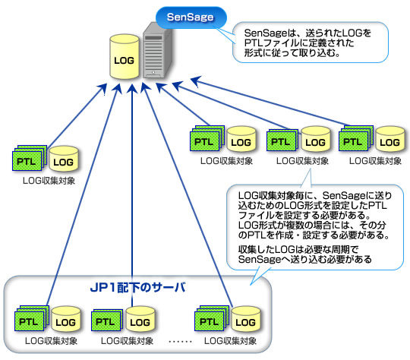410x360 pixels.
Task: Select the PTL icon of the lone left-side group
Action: pos(27,160)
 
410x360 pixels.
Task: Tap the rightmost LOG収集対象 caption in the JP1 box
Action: pos(230,340)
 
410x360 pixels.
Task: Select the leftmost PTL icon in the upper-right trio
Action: pos(203,141)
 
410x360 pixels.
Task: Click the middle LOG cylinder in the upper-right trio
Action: pos(314,141)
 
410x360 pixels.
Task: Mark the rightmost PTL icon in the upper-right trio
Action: pos(351,141)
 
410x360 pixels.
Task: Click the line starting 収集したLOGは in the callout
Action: pos(292,249)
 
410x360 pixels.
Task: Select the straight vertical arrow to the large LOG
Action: pos(133,190)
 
